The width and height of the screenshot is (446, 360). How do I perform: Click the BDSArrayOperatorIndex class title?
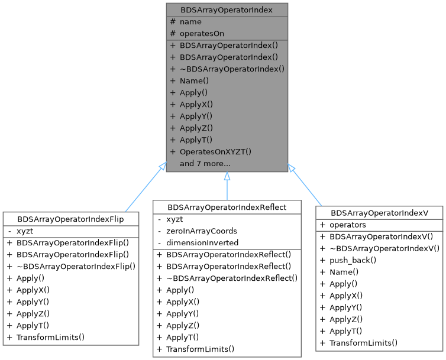click(227, 10)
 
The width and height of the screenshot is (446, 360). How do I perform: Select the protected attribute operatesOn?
click(202, 34)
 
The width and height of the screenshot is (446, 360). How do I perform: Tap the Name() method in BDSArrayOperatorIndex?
click(194, 81)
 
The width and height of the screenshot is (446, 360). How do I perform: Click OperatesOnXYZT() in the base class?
click(215, 151)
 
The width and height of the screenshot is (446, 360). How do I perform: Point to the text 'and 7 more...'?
click(205, 164)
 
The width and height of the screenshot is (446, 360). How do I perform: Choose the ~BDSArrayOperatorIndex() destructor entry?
click(232, 69)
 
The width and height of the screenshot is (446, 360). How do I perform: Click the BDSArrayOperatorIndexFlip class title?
click(70, 219)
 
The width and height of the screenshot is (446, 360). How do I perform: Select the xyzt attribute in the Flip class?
click(25, 231)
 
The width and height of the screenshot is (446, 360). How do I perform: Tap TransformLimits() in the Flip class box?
click(50, 338)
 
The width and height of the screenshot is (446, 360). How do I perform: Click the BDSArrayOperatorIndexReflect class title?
click(227, 207)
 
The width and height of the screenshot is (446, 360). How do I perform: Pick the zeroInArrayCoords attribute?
click(202, 231)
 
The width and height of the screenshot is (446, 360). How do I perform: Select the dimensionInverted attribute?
click(202, 242)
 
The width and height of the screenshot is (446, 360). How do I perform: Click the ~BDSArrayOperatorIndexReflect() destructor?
click(232, 278)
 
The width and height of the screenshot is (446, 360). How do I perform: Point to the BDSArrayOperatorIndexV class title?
click(379, 213)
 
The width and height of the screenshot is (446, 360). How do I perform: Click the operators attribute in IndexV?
click(348, 225)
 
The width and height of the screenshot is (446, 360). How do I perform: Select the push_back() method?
click(353, 260)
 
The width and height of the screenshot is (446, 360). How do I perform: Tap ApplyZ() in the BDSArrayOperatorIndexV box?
click(346, 319)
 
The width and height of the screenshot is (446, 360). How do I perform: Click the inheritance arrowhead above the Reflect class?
click(227, 176)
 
